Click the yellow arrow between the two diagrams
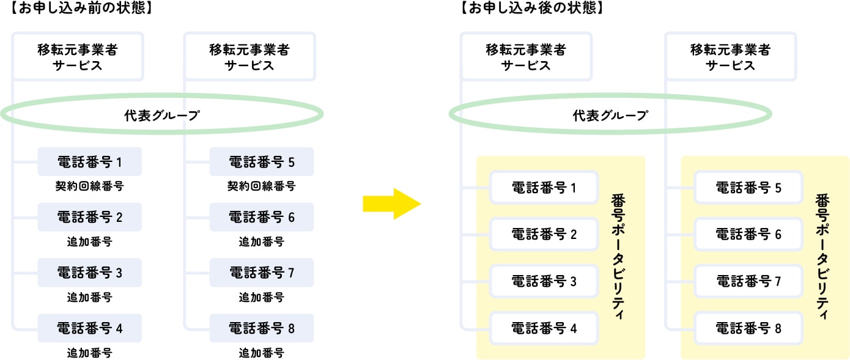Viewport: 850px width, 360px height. tap(391, 204)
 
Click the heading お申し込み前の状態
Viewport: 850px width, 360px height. tap(81, 7)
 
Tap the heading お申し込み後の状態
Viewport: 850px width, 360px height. tap(532, 7)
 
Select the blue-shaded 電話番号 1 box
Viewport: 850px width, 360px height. tap(89, 161)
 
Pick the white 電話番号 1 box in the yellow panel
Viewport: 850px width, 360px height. tap(544, 188)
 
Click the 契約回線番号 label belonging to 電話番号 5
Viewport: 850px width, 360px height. tap(262, 186)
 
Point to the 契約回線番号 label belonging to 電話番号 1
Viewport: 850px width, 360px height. tap(89, 186)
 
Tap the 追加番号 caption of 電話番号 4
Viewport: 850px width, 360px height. tap(89, 353)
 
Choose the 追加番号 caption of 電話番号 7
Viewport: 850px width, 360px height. tap(262, 297)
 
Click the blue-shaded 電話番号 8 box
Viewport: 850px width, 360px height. tap(262, 328)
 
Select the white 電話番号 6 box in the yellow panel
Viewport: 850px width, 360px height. tap(748, 234)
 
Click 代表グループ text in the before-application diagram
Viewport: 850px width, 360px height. tap(162, 116)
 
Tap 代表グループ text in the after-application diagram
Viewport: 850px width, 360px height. tap(610, 116)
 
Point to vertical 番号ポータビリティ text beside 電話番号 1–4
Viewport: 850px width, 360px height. tap(618, 257)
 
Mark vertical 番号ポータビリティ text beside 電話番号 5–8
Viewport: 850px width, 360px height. tap(822, 257)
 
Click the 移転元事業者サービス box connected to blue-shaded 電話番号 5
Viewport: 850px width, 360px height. tap(249, 56)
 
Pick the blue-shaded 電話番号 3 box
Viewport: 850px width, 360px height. tap(89, 273)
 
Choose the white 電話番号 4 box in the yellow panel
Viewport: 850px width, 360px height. tap(544, 328)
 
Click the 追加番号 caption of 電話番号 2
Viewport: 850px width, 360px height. tap(89, 241)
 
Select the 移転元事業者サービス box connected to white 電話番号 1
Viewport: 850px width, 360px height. tap(526, 56)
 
